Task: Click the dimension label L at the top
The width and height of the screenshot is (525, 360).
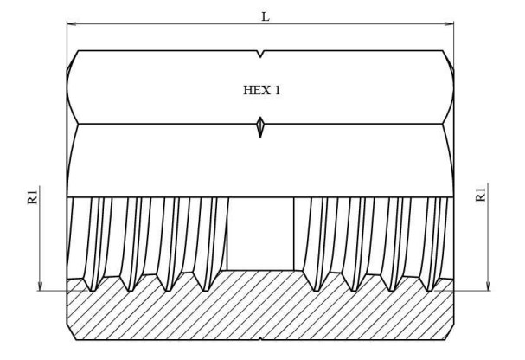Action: click(x=266, y=15)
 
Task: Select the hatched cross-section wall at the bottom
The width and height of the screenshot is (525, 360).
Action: click(x=259, y=312)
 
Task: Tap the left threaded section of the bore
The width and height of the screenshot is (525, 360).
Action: click(x=147, y=238)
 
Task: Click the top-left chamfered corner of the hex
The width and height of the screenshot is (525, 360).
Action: click(x=73, y=61)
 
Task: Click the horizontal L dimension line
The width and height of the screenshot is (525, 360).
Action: click(x=173, y=24)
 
